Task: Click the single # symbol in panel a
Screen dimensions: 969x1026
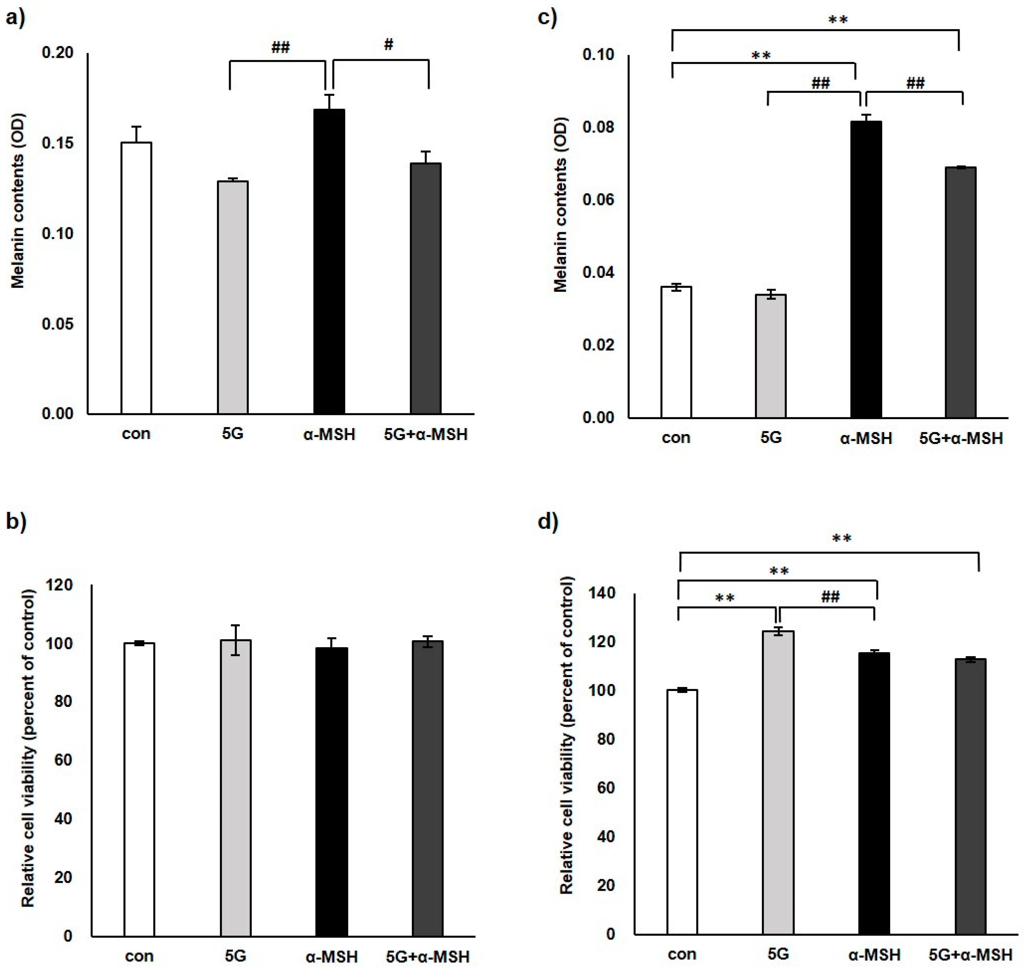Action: pyautogui.click(x=388, y=45)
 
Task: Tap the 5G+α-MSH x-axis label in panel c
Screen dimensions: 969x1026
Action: pyautogui.click(x=961, y=439)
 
